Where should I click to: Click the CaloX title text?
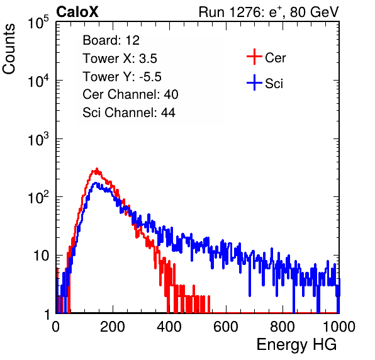(77, 12)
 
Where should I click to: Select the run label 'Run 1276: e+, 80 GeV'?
(269, 12)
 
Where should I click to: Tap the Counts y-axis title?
(9, 48)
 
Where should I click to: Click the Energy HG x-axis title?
(296, 345)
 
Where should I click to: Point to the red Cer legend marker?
(254, 57)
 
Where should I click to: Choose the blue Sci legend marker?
(254, 82)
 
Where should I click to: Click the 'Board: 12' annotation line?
(111, 40)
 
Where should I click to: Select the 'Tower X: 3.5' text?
(120, 59)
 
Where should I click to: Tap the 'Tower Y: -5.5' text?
(122, 77)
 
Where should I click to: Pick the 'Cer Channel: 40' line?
(130, 94)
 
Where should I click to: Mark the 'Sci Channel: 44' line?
(129, 113)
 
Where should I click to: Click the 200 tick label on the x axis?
(113, 327)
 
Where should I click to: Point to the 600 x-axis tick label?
(226, 327)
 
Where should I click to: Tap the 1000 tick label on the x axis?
(339, 327)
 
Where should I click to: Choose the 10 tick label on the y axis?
(41, 256)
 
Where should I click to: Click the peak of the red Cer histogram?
(97, 169)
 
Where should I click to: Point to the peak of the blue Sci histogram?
(96, 183)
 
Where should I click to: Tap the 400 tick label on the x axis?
(169, 327)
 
